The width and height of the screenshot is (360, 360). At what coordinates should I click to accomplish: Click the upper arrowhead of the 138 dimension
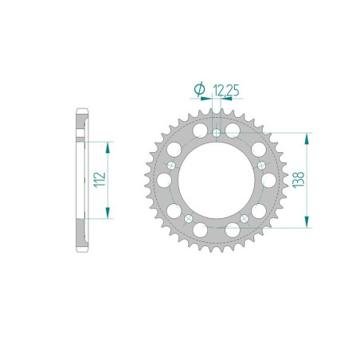[304, 135]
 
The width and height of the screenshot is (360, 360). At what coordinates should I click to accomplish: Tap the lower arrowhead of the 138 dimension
[304, 224]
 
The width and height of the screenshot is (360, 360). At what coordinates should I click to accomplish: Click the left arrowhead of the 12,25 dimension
[208, 99]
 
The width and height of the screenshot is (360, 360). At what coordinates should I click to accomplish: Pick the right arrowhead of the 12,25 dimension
[223, 99]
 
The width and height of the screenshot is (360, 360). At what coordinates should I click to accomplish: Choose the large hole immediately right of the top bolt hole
[233, 129]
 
